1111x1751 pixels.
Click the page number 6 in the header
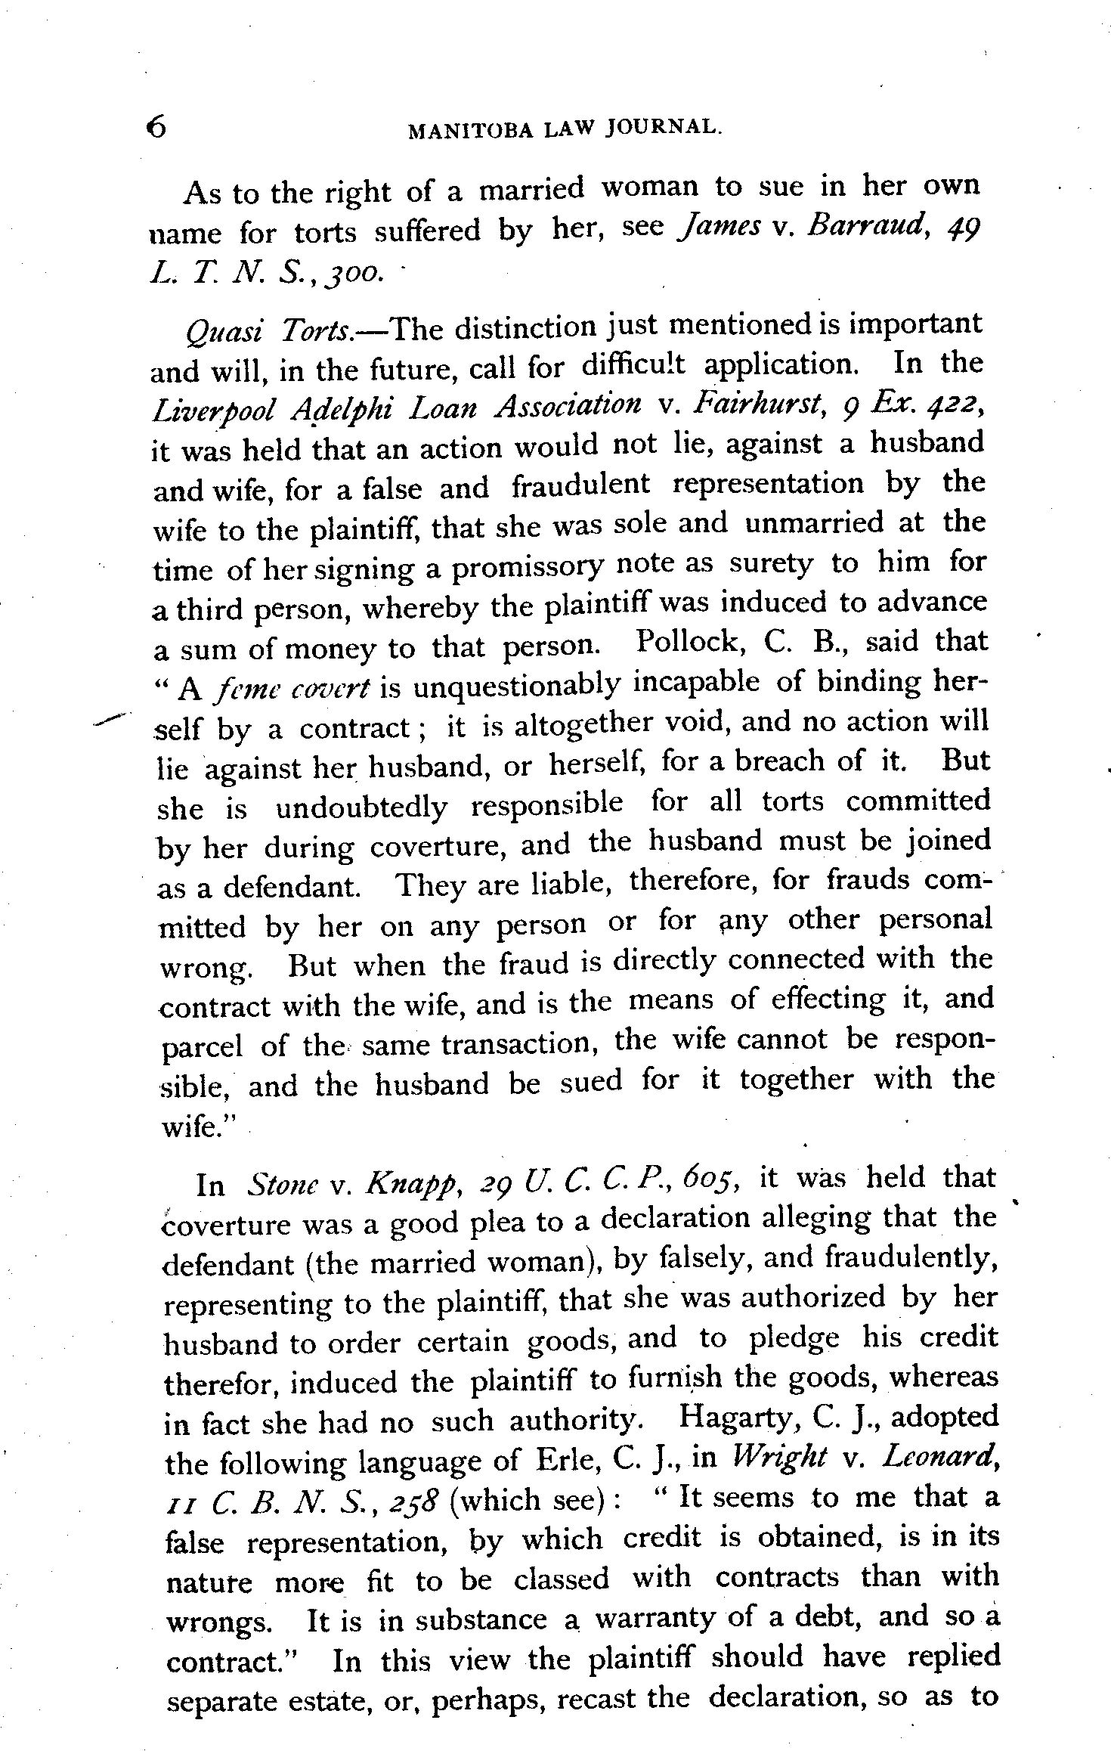157,128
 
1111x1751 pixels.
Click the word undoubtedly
361,807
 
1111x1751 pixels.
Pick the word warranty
655,1619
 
